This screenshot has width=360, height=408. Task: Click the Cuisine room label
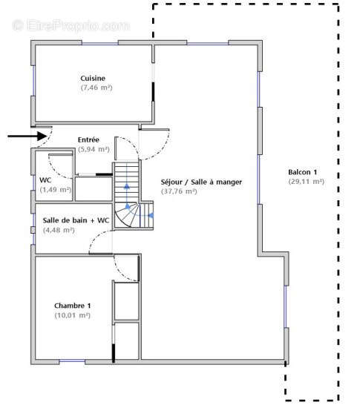coord(93,79)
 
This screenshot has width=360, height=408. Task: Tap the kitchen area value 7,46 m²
coord(96,88)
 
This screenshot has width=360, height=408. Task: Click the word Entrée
coord(88,139)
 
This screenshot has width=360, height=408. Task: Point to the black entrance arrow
coord(27,136)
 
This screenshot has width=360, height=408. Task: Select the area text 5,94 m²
coord(94,149)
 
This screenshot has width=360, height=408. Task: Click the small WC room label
coord(45,180)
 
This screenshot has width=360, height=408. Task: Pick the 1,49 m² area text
coord(56,190)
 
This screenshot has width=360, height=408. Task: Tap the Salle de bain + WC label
coord(76,220)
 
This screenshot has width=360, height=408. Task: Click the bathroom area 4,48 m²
coord(59,230)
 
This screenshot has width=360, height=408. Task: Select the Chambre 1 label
coord(72,306)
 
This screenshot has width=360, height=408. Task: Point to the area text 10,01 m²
coord(72,315)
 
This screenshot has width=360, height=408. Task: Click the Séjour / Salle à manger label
coord(201,182)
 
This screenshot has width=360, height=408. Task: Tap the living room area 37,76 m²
coord(179,191)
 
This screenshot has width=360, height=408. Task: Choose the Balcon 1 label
coord(303,172)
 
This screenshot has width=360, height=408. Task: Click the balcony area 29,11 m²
coord(307,182)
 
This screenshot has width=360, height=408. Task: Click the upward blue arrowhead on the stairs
coord(127,185)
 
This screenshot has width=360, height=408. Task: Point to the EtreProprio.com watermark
coord(71,26)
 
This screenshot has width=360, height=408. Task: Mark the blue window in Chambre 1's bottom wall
coord(72,361)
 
